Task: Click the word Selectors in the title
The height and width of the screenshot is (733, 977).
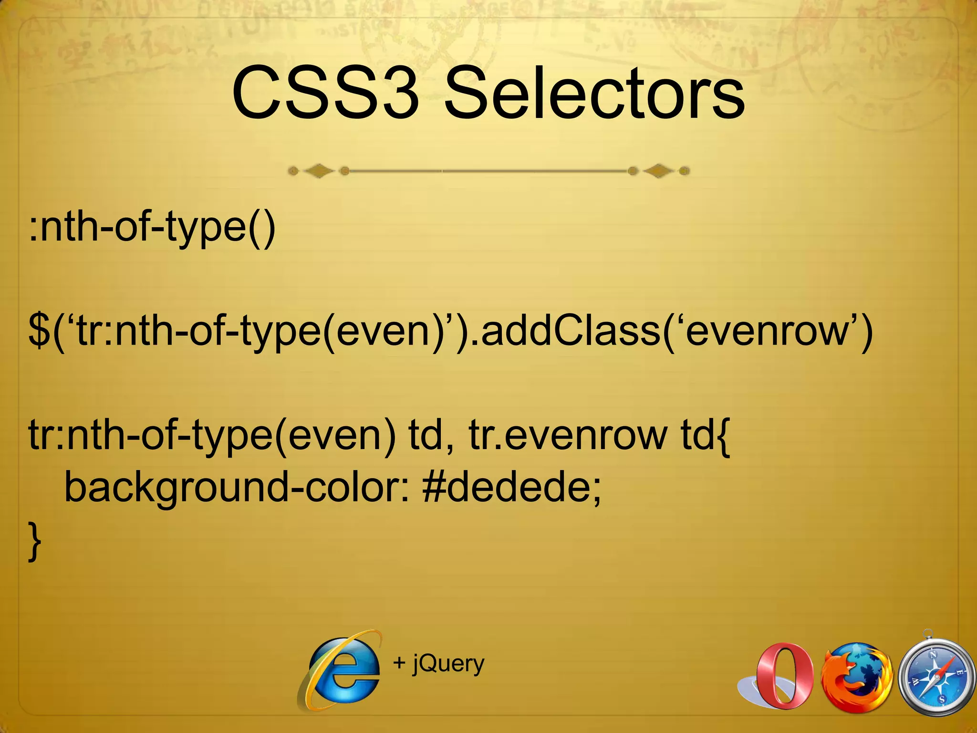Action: (594, 94)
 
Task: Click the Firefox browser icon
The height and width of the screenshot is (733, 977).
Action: (856, 676)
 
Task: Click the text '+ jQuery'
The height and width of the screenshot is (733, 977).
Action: (438, 663)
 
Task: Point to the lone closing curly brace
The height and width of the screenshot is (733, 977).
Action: (34, 542)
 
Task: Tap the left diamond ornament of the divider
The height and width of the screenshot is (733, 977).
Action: (319, 171)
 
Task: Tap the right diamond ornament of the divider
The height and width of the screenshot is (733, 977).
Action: (658, 171)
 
